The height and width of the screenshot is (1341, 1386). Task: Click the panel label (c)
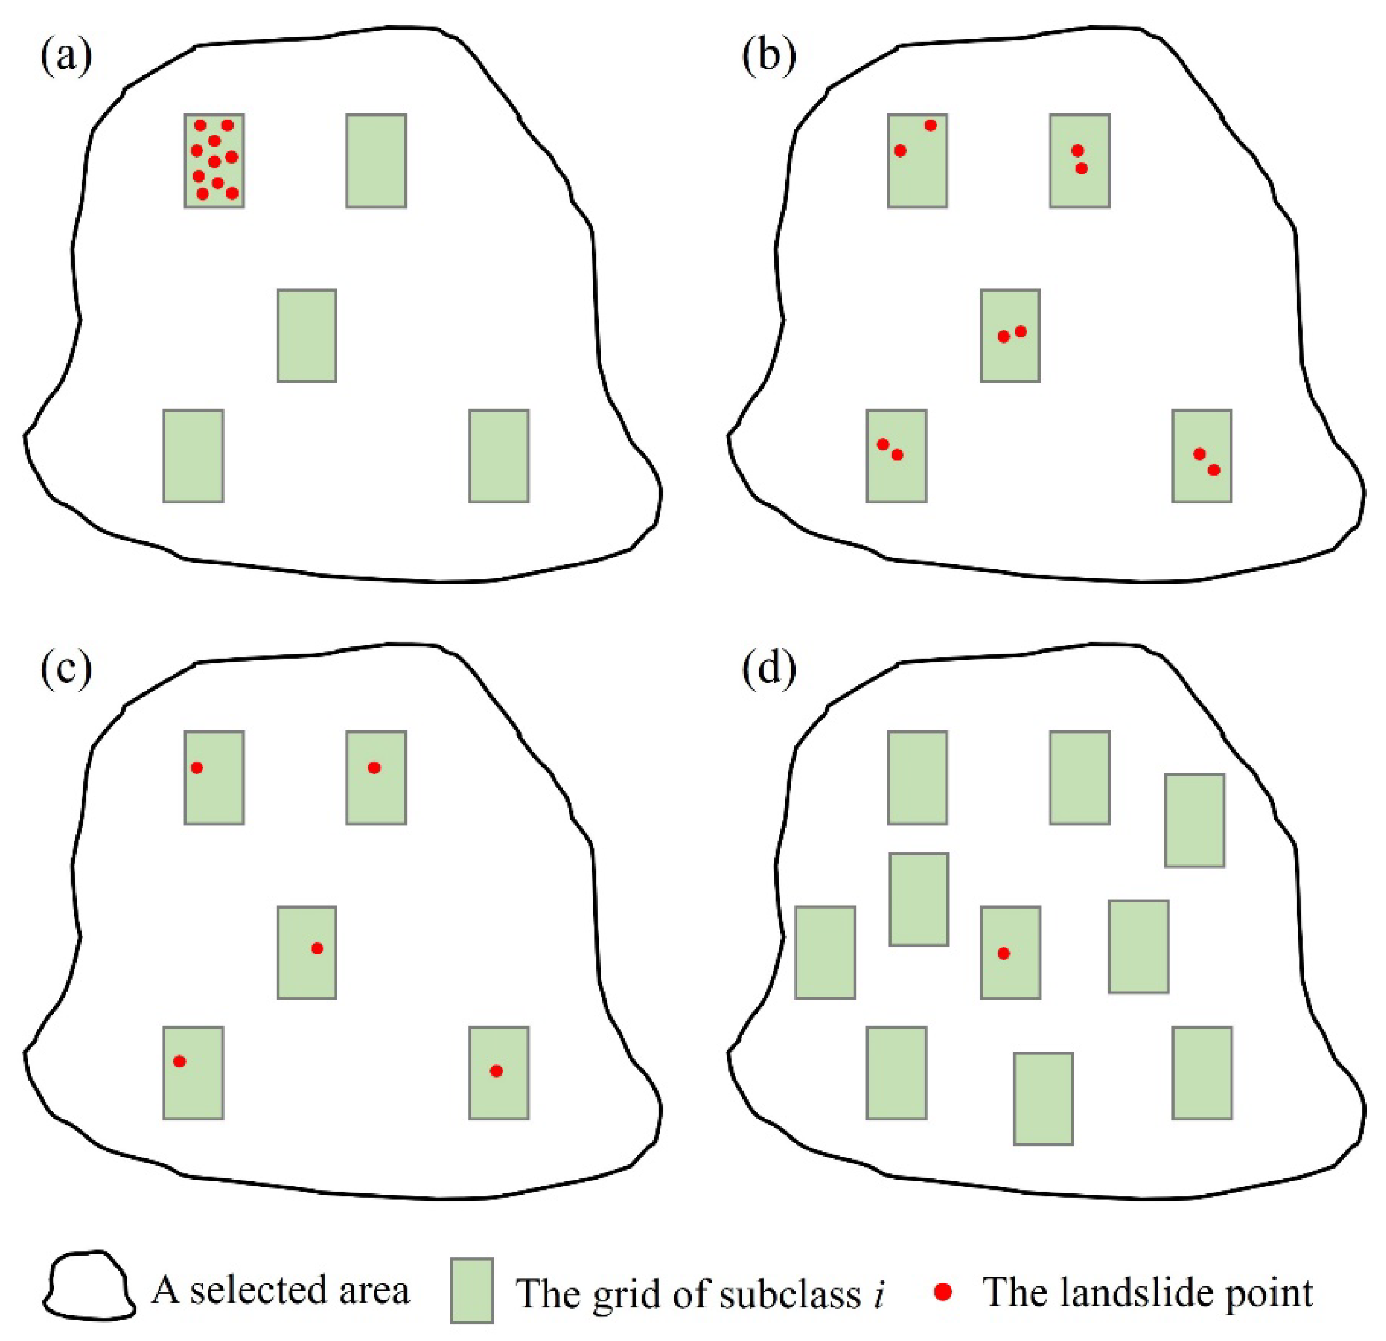[66, 668]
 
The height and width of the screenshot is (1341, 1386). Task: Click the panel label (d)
[769, 668]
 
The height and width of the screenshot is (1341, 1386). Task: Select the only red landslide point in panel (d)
[1003, 953]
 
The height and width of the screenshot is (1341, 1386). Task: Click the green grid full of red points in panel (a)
[215, 160]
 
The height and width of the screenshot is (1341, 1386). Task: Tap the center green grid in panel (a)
[306, 335]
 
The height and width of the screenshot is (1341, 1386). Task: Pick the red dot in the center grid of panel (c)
[317, 948]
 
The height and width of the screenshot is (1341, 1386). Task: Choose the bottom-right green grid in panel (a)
[498, 455]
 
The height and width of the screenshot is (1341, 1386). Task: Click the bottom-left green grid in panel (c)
[193, 1072]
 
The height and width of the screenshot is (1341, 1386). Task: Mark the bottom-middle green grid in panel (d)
[1043, 1099]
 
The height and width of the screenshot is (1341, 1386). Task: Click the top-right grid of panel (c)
[375, 777]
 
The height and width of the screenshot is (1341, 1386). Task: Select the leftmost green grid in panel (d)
[825, 952]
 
